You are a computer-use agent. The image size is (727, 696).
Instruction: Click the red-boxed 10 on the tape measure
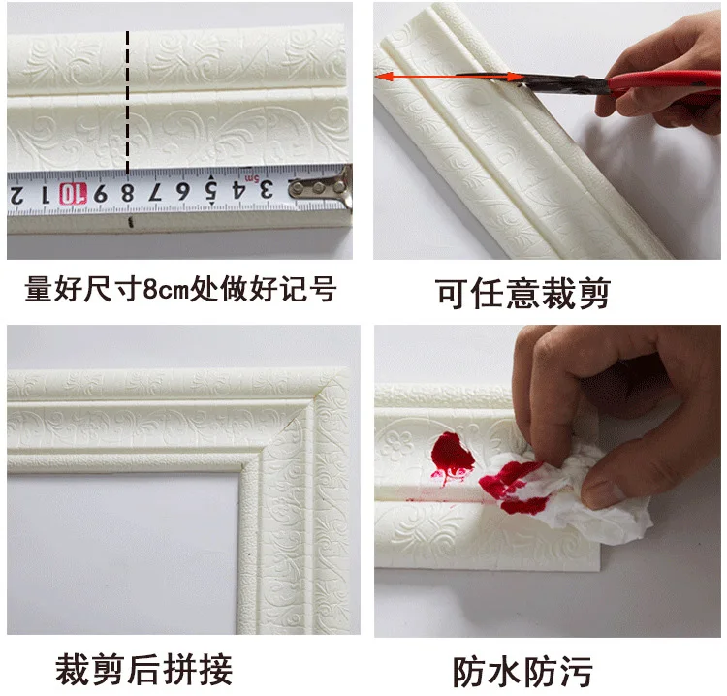coord(73,194)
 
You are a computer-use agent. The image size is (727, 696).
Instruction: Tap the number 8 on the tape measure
coord(128,193)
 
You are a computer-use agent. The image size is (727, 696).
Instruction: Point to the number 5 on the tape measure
coord(211,190)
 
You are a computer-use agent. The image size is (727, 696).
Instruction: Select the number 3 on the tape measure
coord(266,189)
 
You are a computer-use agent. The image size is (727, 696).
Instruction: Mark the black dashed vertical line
coord(128,103)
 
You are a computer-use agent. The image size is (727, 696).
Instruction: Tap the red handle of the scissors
coord(664,82)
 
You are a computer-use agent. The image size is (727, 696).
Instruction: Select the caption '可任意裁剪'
coord(522,293)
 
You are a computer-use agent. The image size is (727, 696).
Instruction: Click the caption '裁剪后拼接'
coord(143,670)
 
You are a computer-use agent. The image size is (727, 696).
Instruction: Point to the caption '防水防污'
coord(522,672)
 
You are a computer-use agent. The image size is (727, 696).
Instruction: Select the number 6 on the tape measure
coord(182,191)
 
